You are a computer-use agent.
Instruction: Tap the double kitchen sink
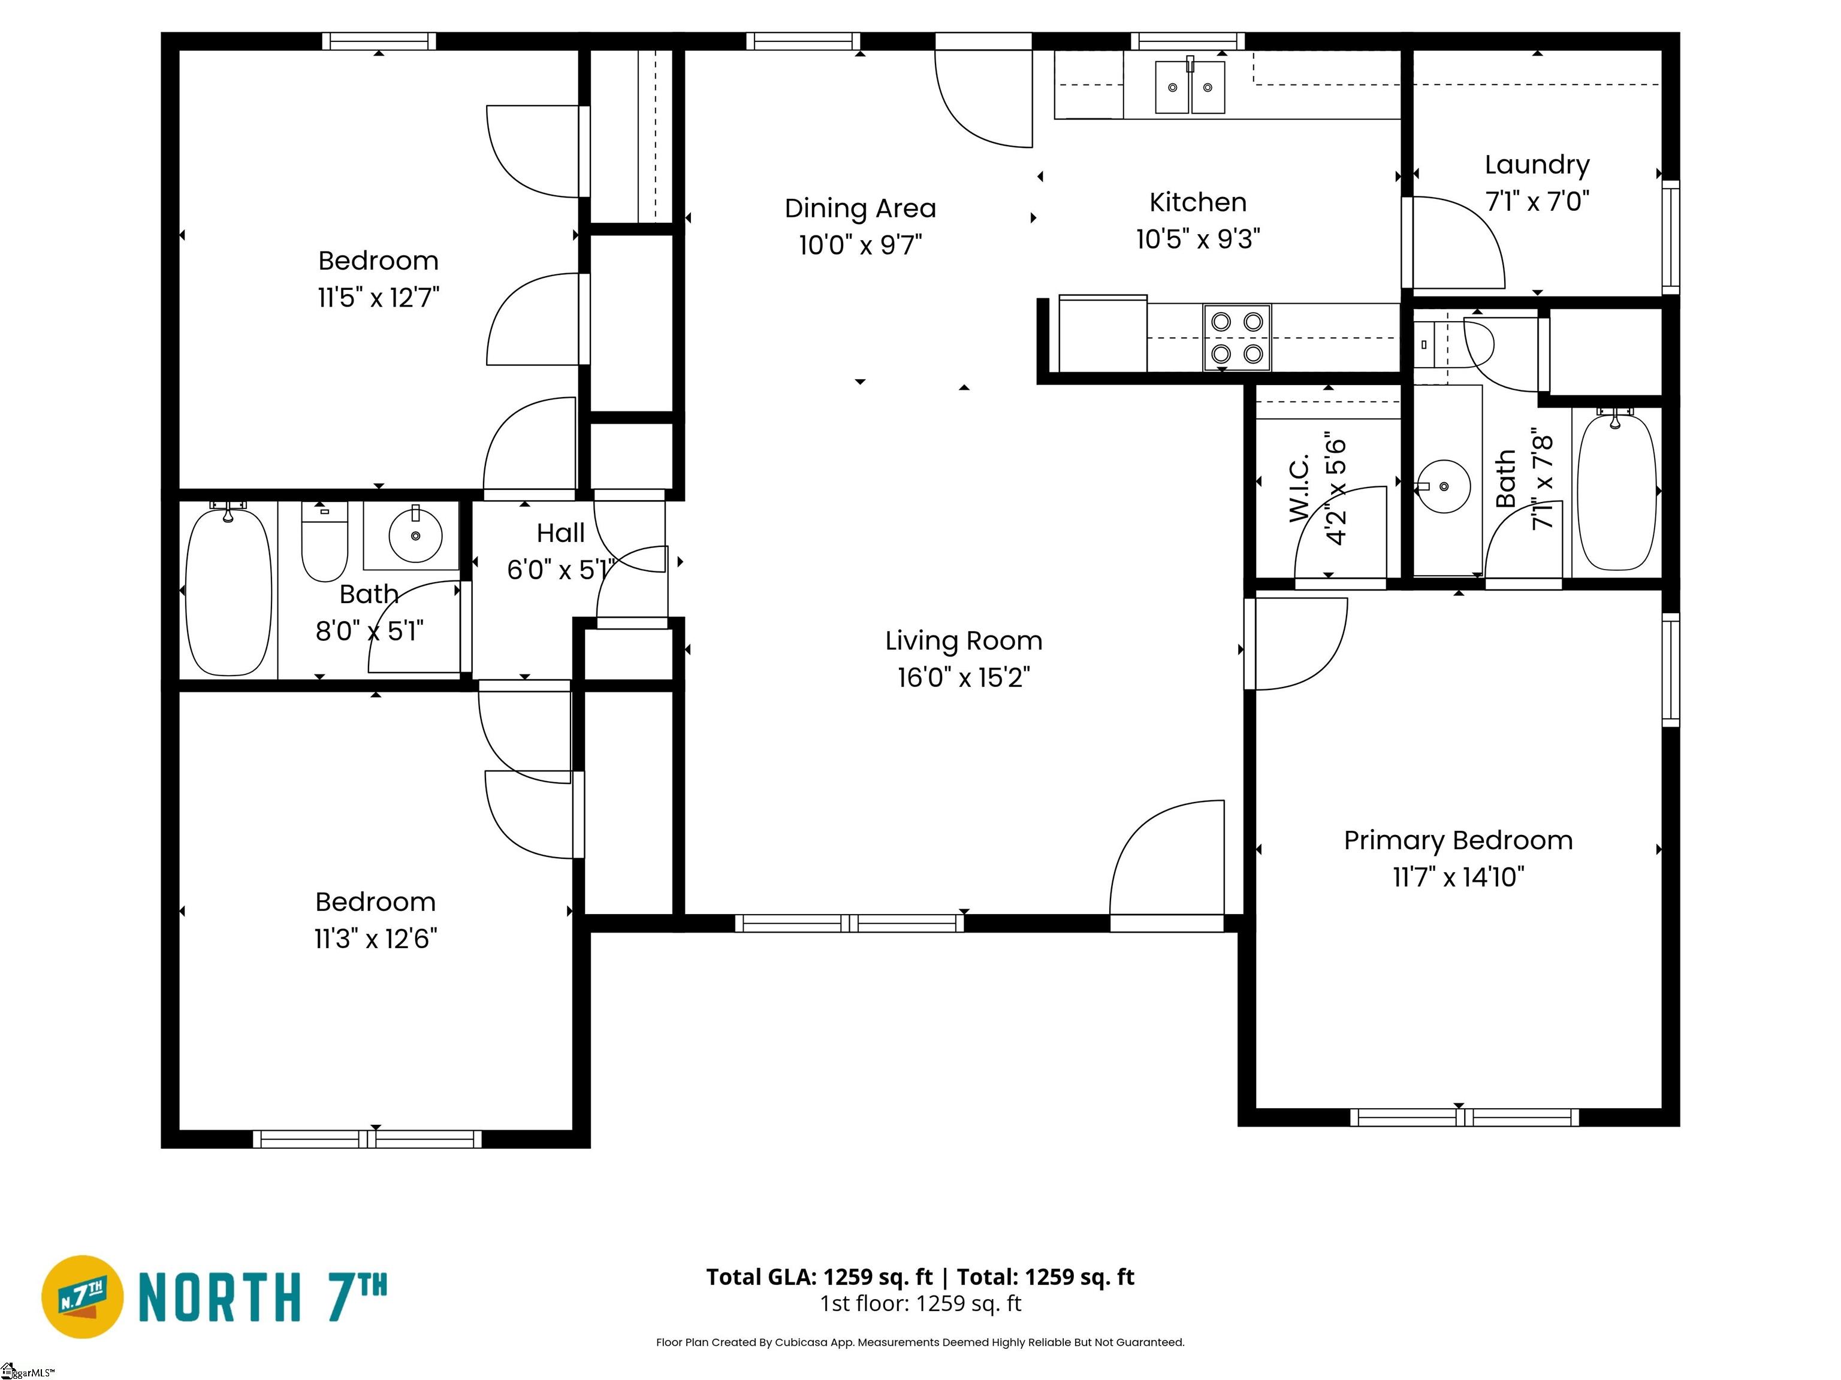(x=1190, y=86)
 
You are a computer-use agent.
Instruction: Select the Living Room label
(x=964, y=640)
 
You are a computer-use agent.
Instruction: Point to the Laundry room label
(x=1537, y=165)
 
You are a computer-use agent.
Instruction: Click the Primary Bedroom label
(x=1458, y=840)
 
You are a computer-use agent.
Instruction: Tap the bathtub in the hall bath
(x=228, y=591)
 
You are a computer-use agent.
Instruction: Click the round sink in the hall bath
(x=415, y=535)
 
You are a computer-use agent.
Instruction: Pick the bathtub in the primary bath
(x=1616, y=491)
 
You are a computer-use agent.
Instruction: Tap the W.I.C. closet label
(x=1299, y=489)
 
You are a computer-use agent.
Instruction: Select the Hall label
(x=560, y=533)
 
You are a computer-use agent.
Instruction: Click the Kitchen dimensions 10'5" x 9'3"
(x=1197, y=240)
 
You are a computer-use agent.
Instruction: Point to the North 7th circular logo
(x=82, y=1297)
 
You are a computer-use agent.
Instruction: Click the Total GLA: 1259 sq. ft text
(x=820, y=1277)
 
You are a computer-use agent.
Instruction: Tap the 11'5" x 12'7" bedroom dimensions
(x=378, y=297)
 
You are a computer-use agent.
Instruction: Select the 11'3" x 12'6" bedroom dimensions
(x=375, y=939)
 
